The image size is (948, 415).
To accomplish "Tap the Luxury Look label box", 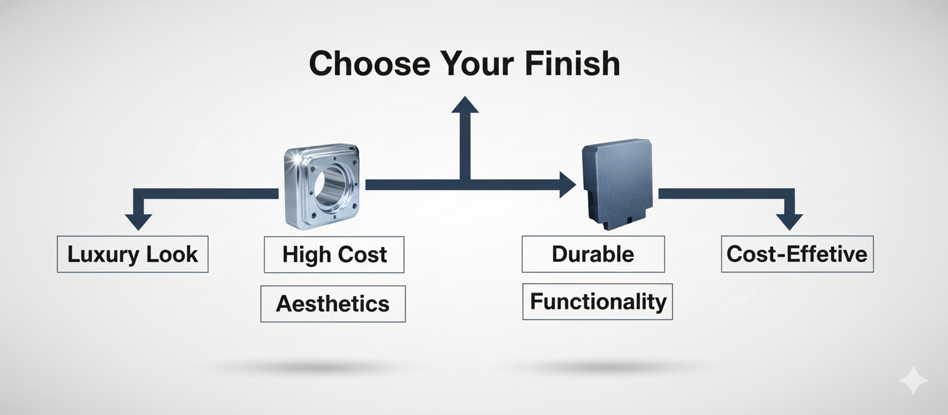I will pyautogui.click(x=133, y=254).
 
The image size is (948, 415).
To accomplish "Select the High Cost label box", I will pyautogui.click(x=334, y=254).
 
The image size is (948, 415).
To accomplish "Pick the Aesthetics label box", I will pyautogui.click(x=333, y=303).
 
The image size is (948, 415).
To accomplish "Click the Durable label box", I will pyautogui.click(x=593, y=254).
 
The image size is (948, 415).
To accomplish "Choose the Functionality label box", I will pyautogui.click(x=597, y=301).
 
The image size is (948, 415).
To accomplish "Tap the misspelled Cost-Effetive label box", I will pyautogui.click(x=797, y=254).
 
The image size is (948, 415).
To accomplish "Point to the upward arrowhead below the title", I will pyautogui.click(x=465, y=104).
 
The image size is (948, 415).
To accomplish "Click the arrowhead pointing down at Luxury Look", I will pyautogui.click(x=138, y=221).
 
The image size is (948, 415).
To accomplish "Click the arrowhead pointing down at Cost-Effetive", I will pyautogui.click(x=789, y=221).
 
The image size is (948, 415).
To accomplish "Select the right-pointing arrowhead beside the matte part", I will pyautogui.click(x=567, y=185).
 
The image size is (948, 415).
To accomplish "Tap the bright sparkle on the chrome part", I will pyautogui.click(x=299, y=160).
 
